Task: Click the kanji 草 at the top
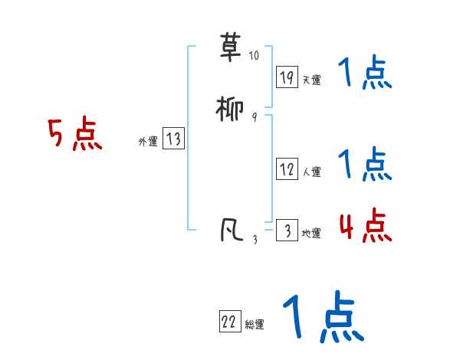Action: coord(231,48)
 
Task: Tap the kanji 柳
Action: coord(231,110)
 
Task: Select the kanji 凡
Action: coord(231,231)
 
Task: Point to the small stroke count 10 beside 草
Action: coord(254,56)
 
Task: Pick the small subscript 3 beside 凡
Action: coord(255,239)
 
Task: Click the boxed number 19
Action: coord(287,77)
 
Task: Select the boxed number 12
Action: coord(287,169)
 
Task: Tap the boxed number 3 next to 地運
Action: coord(287,231)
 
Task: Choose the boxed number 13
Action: coord(173,139)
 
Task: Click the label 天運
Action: coord(311,80)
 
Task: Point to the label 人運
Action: coord(311,172)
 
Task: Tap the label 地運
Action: coord(311,233)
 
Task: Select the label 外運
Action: coord(148,141)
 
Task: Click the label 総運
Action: coord(254,325)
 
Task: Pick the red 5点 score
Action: coord(75,136)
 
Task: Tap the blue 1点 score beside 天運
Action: coord(365,74)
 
